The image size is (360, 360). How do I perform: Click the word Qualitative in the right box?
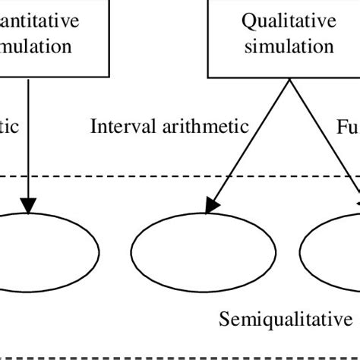tap(288, 21)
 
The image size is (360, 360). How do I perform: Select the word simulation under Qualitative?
tap(288, 46)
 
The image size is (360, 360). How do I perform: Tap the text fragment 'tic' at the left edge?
tap(9, 125)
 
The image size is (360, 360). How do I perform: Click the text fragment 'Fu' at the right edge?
tap(348, 125)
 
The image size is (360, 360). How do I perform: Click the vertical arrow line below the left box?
tap(28, 137)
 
